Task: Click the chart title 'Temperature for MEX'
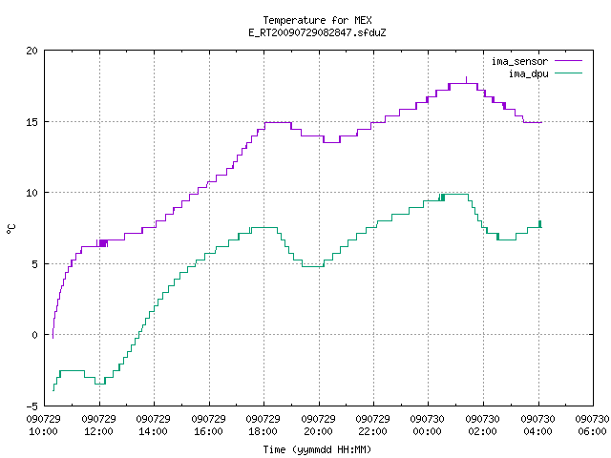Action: point(317,20)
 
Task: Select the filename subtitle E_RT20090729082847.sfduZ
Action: point(317,32)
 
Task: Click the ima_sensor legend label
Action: point(519,61)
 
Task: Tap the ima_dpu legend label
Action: point(528,73)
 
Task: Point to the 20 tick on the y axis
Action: point(32,51)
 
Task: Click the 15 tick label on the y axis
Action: point(32,122)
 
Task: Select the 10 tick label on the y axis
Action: point(32,193)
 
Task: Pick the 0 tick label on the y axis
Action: point(35,335)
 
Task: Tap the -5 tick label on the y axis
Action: point(32,406)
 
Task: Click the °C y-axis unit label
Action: point(11,229)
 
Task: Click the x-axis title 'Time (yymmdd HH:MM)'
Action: point(317,449)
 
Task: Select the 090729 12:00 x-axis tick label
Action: point(99,426)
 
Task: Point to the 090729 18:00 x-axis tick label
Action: point(263,426)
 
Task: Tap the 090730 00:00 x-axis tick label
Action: point(427,426)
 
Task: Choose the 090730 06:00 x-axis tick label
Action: point(592,426)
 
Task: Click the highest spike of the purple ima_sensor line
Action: point(466,78)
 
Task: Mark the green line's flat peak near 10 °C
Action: point(456,195)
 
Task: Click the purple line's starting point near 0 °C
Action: point(53,337)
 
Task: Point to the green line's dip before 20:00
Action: point(313,266)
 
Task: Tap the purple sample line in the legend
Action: point(568,61)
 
